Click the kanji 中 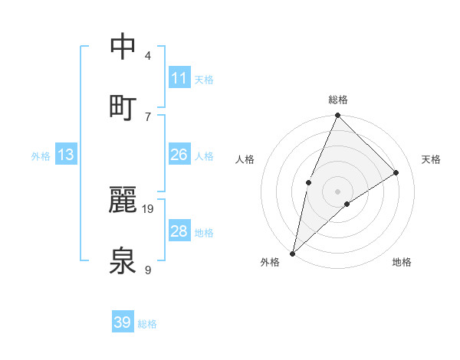click(123, 47)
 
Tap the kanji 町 click(123, 106)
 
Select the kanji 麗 click(123, 200)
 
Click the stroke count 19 click(149, 208)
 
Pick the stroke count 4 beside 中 click(148, 56)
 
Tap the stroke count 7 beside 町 click(148, 116)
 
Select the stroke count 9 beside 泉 click(148, 270)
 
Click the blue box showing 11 click(179, 78)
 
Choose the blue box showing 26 click(179, 155)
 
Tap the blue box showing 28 click(179, 231)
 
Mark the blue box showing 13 click(66, 155)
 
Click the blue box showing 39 click(123, 322)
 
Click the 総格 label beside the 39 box click(148, 324)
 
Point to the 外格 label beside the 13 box click(41, 156)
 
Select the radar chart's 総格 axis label click(338, 100)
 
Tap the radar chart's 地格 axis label click(402, 262)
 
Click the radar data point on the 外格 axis click(293, 253)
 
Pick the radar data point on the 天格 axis click(396, 172)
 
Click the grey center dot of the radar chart click(338, 191)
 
